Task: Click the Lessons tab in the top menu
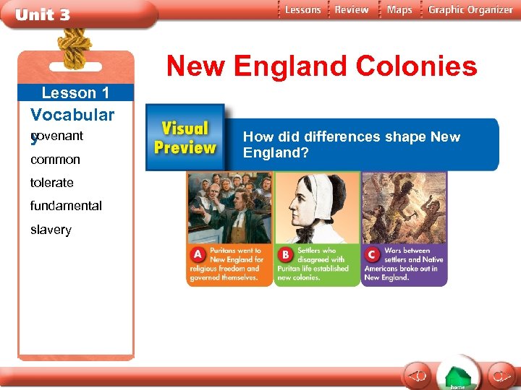302,10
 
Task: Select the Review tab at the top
352,10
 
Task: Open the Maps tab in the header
399,10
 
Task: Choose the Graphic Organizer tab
470,10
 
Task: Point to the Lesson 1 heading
75,92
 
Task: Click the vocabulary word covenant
58,136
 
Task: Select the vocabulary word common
55,160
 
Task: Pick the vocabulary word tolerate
51,183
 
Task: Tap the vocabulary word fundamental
66,206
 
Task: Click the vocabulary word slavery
51,230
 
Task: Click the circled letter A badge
197,255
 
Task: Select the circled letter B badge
286,255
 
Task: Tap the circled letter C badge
373,255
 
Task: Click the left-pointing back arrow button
417,376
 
